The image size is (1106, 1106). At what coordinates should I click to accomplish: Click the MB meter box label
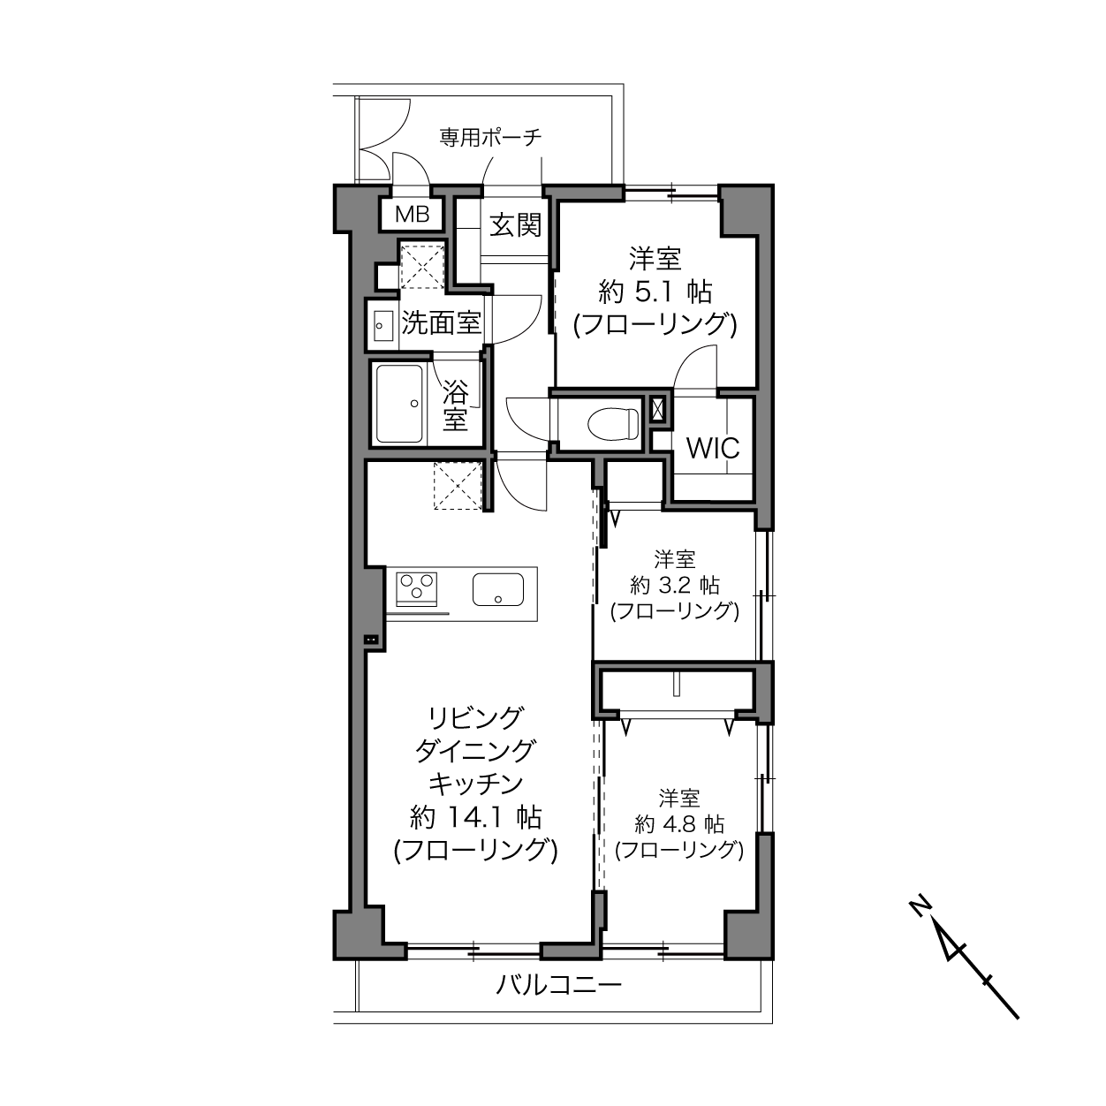click(x=412, y=215)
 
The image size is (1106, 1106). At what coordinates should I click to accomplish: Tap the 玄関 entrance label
click(x=515, y=225)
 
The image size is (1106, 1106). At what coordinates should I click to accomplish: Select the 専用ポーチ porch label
click(x=491, y=137)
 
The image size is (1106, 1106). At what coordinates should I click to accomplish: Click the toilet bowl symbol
click(x=613, y=423)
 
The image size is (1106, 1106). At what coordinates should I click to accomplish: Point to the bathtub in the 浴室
click(x=399, y=404)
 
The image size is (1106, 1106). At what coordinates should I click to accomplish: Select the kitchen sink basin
click(x=497, y=589)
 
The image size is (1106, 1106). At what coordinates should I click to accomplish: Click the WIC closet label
click(x=714, y=448)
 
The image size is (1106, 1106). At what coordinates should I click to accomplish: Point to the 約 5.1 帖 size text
click(x=655, y=293)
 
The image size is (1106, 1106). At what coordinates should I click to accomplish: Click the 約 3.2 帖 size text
click(x=674, y=586)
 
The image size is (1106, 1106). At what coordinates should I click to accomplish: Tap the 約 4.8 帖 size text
click(x=679, y=825)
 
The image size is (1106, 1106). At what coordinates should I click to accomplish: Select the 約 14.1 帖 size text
click(x=476, y=817)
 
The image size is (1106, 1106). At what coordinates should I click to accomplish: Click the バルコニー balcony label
click(x=558, y=986)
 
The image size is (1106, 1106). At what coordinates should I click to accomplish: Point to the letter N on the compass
click(x=920, y=921)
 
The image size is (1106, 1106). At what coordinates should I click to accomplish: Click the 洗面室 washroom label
click(x=441, y=323)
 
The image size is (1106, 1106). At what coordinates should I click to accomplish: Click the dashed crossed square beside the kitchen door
click(x=458, y=486)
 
